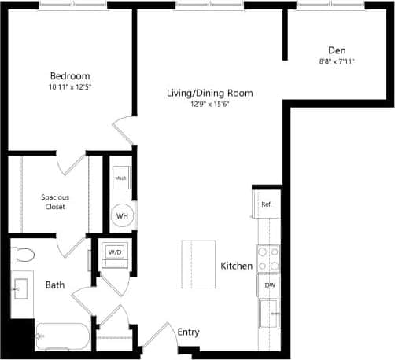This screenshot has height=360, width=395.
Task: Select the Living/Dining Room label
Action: pyautogui.click(x=210, y=93)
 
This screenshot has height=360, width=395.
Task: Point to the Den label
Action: pyautogui.click(x=337, y=49)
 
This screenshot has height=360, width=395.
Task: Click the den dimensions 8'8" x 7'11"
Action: pyautogui.click(x=337, y=61)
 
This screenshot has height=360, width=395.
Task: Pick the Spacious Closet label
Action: pyautogui.click(x=54, y=202)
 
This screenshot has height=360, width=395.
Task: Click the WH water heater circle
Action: pyautogui.click(x=122, y=215)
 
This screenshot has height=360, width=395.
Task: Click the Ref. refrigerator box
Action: pyautogui.click(x=267, y=204)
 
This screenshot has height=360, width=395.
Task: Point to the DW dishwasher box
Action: pyautogui.click(x=269, y=285)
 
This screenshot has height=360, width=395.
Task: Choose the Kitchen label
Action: pyautogui.click(x=236, y=266)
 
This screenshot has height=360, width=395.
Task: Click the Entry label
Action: pyautogui.click(x=188, y=332)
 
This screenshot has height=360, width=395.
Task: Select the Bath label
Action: pyautogui.click(x=54, y=285)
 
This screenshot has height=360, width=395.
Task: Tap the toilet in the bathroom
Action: pyautogui.click(x=23, y=255)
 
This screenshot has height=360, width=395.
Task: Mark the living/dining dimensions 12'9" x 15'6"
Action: pyautogui.click(x=210, y=105)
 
